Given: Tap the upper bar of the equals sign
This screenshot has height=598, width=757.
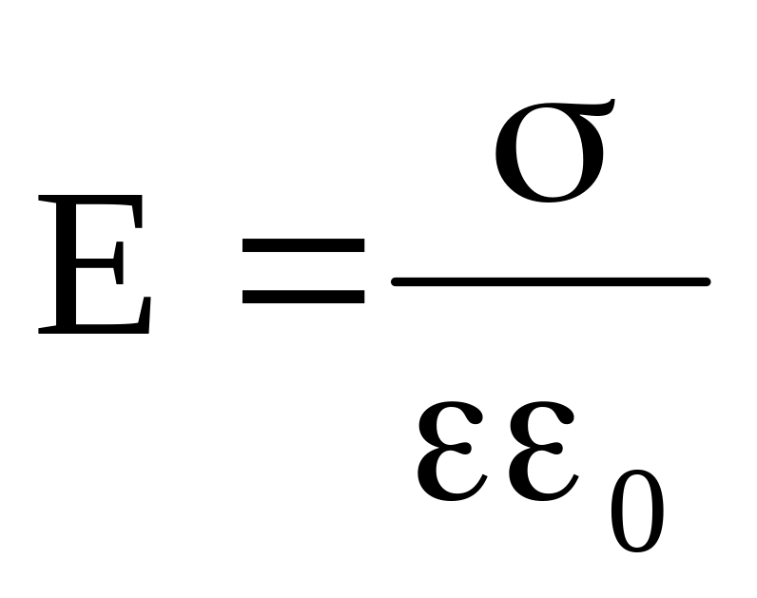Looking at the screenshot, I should [x=303, y=246].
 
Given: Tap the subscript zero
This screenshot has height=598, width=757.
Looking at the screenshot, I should [x=634, y=513].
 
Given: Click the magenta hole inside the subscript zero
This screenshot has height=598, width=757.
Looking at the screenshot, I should [x=634, y=513].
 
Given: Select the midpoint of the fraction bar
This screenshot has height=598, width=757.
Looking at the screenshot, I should [x=551, y=281].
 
